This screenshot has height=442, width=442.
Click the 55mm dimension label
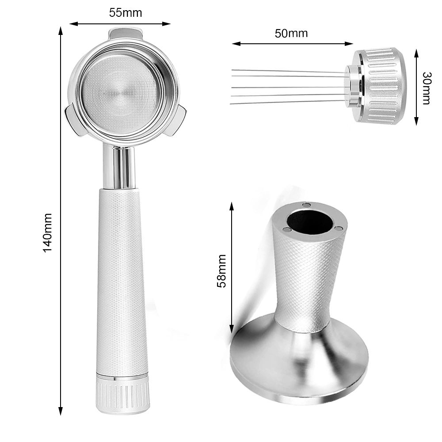126,13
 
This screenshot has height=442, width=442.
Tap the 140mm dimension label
47,233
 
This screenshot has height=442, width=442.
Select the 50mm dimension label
291,33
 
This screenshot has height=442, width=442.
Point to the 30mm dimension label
427,88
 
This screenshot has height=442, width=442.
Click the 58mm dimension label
221,271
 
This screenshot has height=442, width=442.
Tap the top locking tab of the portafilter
126,34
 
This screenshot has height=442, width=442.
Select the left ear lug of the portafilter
73,118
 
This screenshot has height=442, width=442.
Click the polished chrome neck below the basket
119,167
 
